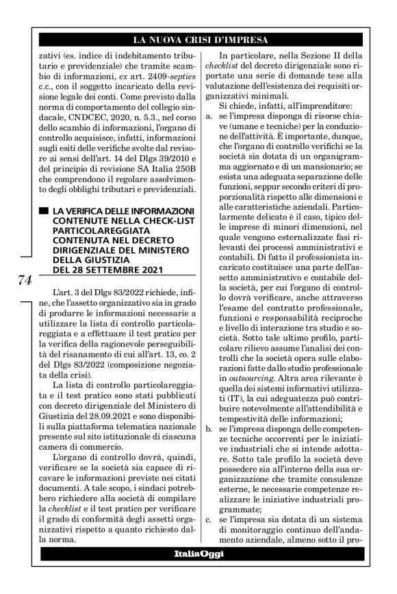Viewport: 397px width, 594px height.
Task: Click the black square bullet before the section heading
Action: tap(43, 208)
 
